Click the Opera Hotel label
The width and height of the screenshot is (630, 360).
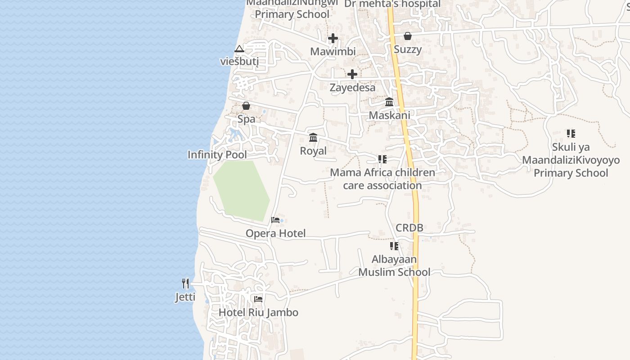coord(275,233)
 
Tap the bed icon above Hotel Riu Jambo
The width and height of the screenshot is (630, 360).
coord(258,299)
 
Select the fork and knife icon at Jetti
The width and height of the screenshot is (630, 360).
coord(185,283)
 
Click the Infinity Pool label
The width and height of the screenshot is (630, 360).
coord(217,155)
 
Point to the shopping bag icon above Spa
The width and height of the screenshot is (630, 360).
coord(246,106)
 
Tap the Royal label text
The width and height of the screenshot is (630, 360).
coord(313,151)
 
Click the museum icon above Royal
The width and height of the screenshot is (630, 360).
coord(313,137)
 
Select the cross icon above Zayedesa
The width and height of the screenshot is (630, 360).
coord(352,74)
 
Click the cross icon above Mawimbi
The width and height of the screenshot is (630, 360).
coord(333,38)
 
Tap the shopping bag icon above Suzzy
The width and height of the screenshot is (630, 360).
coord(408,36)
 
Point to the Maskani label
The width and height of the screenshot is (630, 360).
coord(389,115)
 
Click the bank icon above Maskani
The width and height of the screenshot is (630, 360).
coord(389,102)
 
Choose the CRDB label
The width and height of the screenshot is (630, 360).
coord(409,228)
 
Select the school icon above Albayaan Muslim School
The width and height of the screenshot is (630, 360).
coord(394,246)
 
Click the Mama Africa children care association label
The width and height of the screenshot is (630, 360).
coord(382,179)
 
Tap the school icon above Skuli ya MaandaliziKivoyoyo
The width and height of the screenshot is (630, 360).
coord(571,133)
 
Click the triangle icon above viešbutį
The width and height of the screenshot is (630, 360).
coord(239,49)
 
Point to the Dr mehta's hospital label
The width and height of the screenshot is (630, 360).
coord(392,4)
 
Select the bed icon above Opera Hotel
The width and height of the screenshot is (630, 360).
coord(275,220)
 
